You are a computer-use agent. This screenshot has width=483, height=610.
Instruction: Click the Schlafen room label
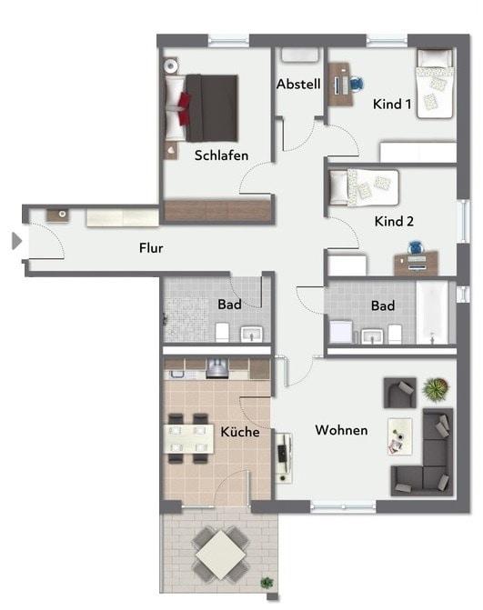click(x=221, y=155)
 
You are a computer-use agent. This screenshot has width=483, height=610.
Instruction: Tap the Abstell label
click(x=298, y=84)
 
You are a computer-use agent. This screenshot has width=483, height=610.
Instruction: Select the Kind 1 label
click(x=391, y=105)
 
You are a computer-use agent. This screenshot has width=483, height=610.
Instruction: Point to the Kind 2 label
click(x=394, y=221)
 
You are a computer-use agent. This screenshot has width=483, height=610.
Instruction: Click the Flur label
click(x=151, y=248)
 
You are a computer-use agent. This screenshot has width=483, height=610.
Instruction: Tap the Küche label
click(x=240, y=432)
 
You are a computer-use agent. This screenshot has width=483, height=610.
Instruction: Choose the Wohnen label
click(x=341, y=430)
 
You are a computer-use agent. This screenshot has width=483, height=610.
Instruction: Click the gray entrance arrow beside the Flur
click(x=16, y=241)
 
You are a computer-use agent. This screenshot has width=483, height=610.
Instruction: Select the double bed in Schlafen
click(x=201, y=108)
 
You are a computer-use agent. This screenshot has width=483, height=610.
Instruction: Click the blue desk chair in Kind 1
click(x=356, y=84)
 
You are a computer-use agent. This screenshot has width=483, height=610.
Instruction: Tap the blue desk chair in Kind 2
click(x=416, y=248)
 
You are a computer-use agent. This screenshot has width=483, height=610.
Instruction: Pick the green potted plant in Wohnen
click(x=437, y=389)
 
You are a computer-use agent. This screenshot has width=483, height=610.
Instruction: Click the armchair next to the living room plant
click(x=399, y=393)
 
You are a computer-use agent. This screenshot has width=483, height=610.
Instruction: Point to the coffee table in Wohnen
click(x=399, y=436)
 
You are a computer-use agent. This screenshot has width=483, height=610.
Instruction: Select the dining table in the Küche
click(x=189, y=439)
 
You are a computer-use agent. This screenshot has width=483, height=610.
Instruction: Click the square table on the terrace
click(x=221, y=555)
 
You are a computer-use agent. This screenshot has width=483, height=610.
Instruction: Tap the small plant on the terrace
click(x=267, y=583)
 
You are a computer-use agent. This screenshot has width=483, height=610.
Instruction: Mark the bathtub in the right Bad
click(x=432, y=313)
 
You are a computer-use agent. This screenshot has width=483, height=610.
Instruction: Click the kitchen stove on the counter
click(x=216, y=368)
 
